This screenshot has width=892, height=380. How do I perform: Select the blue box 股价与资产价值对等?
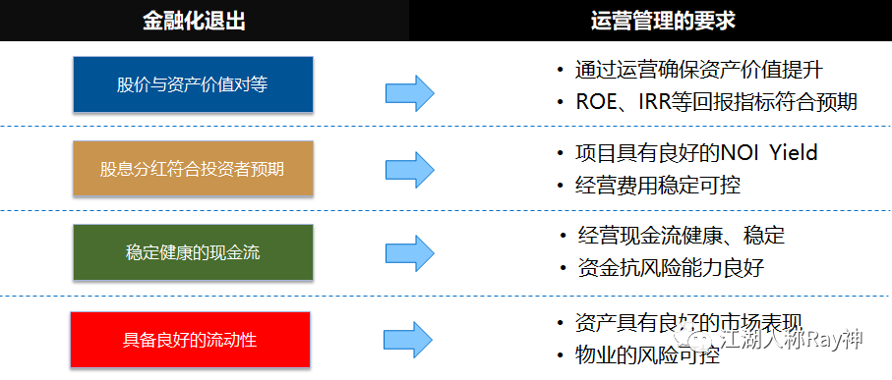tap(192, 84)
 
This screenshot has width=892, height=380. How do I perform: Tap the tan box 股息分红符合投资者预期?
tap(192, 169)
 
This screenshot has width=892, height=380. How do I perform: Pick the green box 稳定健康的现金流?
tap(192, 252)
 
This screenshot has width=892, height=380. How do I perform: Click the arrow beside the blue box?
tap(409, 93)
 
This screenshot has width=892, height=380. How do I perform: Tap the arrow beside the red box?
tap(409, 340)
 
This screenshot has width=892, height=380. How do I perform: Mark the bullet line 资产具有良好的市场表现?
tap(688, 323)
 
